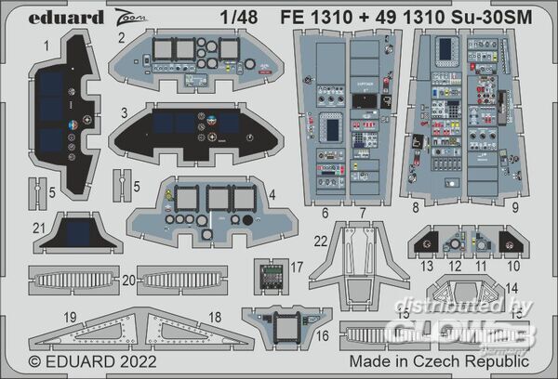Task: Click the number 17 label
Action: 297,267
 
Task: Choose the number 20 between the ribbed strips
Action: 128,279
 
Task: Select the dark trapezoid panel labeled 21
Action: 78,232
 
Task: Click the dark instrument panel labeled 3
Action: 195,133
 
